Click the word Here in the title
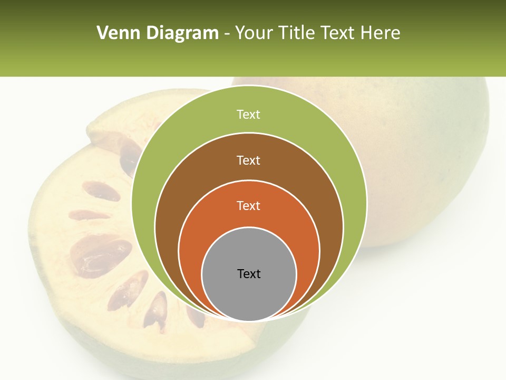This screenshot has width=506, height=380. (x=380, y=33)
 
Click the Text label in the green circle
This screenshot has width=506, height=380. (x=248, y=115)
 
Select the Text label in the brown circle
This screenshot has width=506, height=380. (x=248, y=160)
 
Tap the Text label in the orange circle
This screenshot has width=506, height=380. (x=248, y=206)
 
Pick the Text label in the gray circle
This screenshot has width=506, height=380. (x=249, y=274)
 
